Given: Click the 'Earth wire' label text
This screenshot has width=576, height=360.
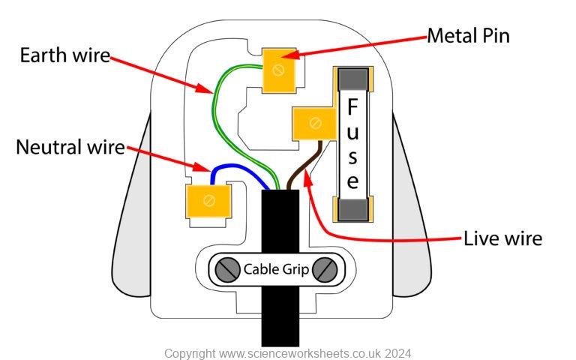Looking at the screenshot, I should pyautogui.click(x=64, y=56).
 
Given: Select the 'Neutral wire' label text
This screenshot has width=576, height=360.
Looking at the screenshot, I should pyautogui.click(x=70, y=147).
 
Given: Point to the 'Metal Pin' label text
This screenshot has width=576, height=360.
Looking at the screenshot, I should pyautogui.click(x=469, y=35).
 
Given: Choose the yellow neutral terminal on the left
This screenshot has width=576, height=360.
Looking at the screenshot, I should pyautogui.click(x=206, y=201).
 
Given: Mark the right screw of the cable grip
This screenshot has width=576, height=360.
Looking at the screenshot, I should pyautogui.click(x=324, y=268).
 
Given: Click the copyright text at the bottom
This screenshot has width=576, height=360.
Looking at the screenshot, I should pyautogui.click(x=287, y=352).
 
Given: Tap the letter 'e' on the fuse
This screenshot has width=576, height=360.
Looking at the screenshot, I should pyautogui.click(x=352, y=181).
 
